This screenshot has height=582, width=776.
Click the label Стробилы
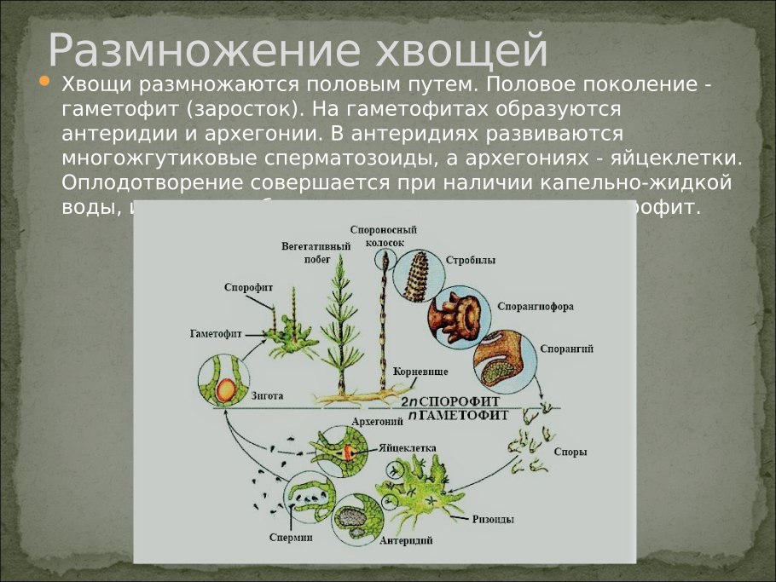pos(471,260)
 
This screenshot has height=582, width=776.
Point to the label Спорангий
pos(567,349)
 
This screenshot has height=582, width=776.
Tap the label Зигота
pos(268,396)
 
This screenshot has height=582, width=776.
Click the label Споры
pos(570,452)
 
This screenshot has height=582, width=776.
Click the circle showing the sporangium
pos(503,363)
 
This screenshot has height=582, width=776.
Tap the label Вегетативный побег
pos(304,253)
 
